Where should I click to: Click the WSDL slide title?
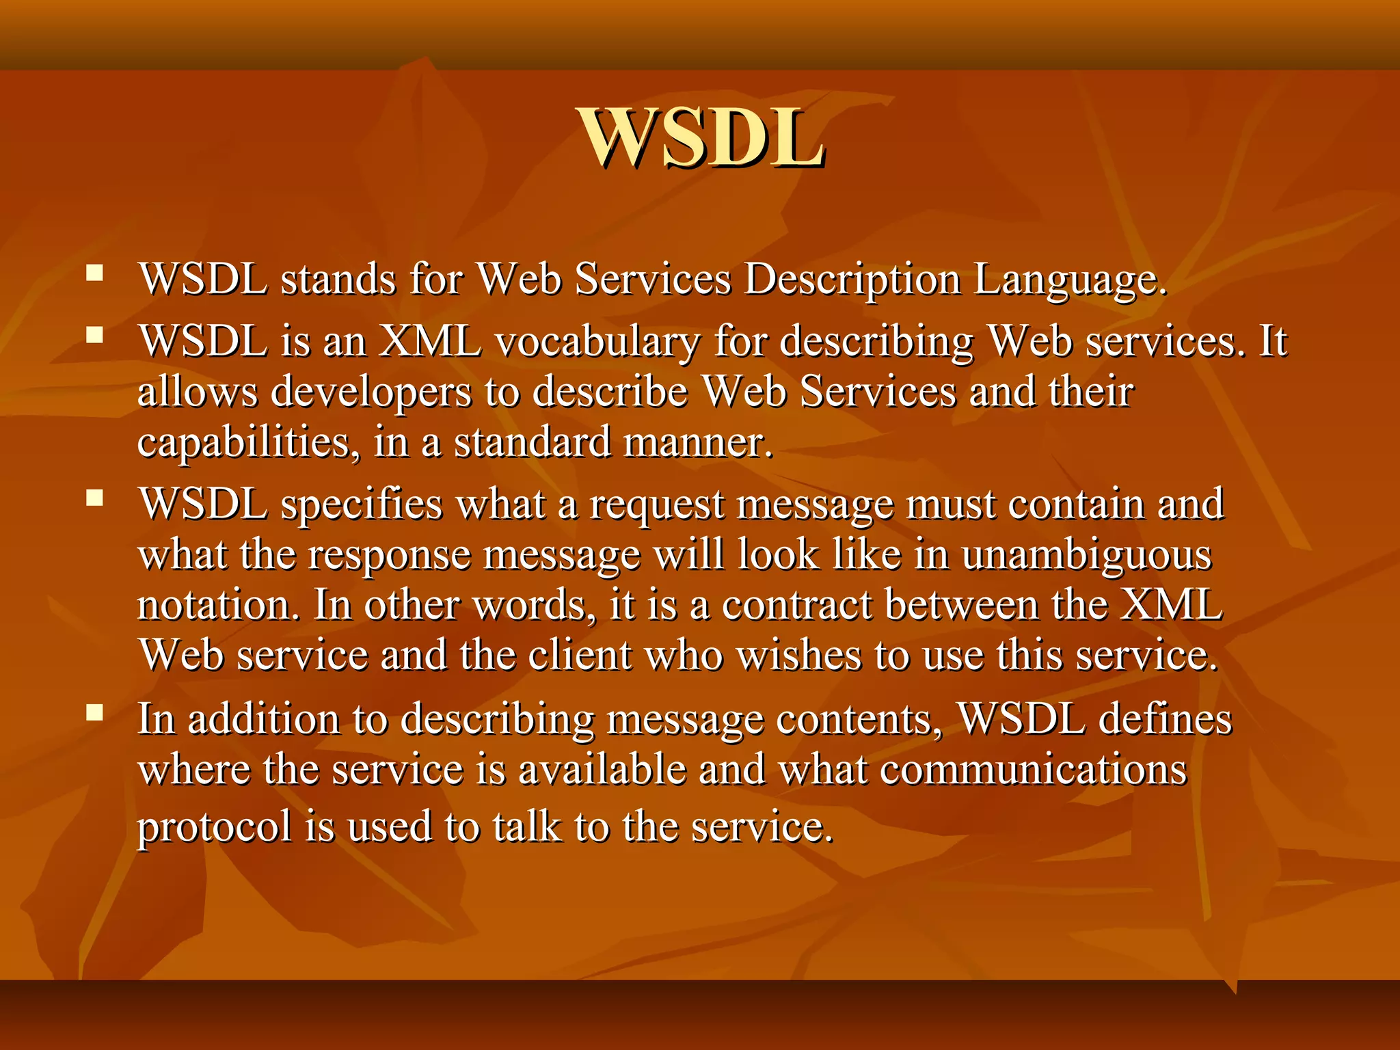701,139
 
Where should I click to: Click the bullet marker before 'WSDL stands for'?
94,274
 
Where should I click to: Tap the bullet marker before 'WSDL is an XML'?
94,335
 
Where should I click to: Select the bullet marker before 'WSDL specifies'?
94,498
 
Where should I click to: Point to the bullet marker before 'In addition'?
94,713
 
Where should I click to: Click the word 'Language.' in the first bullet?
1070,280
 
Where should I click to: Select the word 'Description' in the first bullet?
852,280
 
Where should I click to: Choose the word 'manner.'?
698,443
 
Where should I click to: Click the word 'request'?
656,504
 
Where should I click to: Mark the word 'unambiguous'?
1086,555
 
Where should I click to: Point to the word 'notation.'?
218,606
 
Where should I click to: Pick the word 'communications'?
1033,770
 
